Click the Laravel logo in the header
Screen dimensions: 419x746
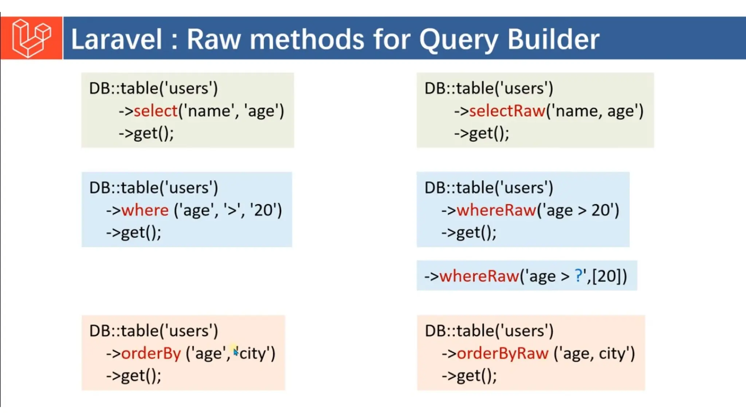click(x=31, y=38)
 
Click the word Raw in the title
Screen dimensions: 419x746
click(x=214, y=39)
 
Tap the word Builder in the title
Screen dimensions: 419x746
click(x=553, y=39)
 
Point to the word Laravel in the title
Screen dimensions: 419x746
click(x=116, y=39)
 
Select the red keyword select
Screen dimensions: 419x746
click(x=156, y=111)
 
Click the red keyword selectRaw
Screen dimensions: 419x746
click(x=507, y=111)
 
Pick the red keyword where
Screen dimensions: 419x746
click(x=145, y=210)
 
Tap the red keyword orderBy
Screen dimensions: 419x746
click(x=151, y=353)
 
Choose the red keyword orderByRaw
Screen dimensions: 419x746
click(x=502, y=353)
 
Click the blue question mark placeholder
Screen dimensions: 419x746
click(x=578, y=276)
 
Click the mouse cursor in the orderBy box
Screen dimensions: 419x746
click(x=236, y=352)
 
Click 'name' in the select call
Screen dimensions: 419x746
click(x=208, y=111)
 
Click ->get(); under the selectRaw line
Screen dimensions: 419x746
click(x=482, y=133)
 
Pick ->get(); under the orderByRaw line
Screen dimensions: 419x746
click(x=469, y=376)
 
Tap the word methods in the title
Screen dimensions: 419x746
click(x=307, y=39)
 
